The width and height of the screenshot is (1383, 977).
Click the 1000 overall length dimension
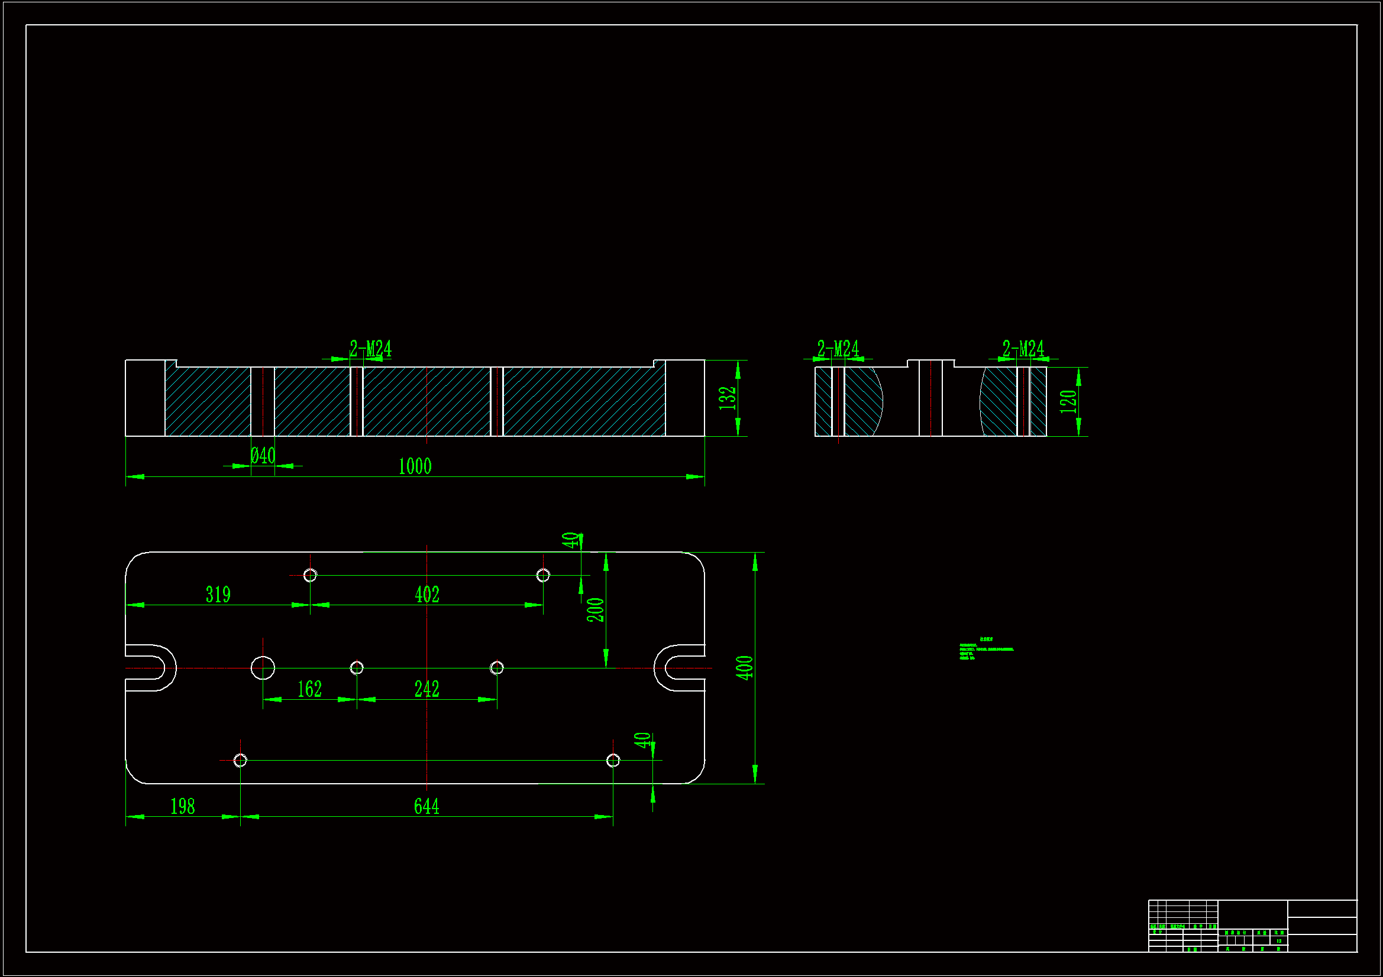415,466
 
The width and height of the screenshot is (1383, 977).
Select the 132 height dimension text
728,398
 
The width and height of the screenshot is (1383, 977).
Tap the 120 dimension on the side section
1068,401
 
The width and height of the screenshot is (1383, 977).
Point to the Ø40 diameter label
263,456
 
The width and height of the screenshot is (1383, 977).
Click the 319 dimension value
218,595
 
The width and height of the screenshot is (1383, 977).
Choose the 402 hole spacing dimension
427,595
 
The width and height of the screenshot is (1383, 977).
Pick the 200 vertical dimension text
595,610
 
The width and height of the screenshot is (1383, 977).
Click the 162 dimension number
309,689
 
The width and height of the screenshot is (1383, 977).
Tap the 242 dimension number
427,689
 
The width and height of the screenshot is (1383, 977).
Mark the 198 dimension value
183,807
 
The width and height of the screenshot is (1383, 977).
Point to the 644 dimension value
426,807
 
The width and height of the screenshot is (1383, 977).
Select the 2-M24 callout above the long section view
370,349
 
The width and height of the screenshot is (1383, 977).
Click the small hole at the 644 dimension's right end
613,760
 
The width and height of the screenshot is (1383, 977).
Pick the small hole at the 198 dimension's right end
240,760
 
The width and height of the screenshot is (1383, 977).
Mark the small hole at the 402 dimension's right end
542,576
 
